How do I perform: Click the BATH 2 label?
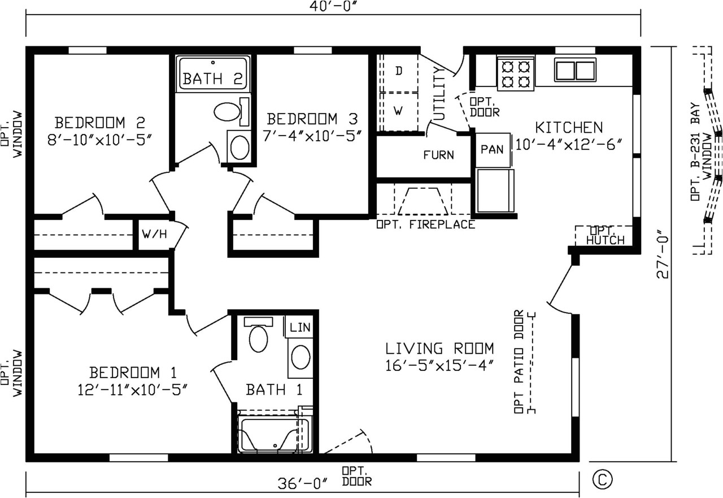click(212, 79)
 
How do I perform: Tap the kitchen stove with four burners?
click(516, 73)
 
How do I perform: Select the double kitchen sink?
click(575, 70)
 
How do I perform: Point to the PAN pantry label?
click(492, 149)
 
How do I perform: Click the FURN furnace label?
click(438, 155)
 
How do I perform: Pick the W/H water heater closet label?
click(154, 234)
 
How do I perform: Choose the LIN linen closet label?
click(300, 327)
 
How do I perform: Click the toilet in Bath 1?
click(258, 335)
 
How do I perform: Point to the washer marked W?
click(398, 111)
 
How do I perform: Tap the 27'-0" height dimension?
click(663, 254)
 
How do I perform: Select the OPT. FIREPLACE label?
click(426, 224)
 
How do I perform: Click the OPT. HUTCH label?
click(605, 236)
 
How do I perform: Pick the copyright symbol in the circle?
click(602, 479)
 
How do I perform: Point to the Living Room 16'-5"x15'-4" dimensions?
click(439, 366)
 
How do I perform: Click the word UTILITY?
click(439, 93)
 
